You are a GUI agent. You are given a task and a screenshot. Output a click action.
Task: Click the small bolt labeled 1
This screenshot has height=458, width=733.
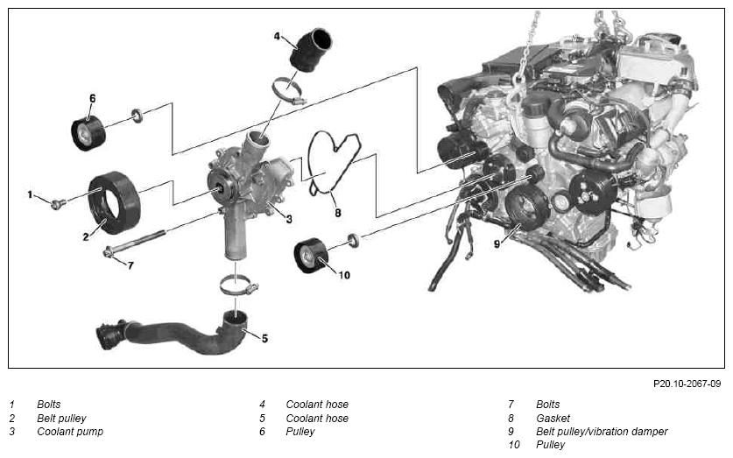point(58,204)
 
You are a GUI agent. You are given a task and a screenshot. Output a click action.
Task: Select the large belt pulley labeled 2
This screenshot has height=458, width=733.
point(114,203)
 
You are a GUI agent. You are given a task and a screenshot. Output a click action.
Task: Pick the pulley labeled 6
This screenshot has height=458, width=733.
point(88,133)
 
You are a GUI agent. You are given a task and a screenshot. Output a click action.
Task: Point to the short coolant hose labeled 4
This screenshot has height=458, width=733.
point(312,51)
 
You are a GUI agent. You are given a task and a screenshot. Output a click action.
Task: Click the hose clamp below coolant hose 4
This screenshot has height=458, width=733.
point(288,91)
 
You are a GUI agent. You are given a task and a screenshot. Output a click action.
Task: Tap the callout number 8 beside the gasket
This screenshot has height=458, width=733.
point(337,213)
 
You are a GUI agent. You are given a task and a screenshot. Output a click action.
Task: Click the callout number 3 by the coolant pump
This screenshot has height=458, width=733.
point(289,219)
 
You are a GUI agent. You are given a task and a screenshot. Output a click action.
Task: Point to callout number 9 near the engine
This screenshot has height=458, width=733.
point(497,244)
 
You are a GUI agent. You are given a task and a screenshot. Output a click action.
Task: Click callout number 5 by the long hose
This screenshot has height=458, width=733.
point(264,338)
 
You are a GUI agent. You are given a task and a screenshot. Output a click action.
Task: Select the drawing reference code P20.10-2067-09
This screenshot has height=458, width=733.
point(687,384)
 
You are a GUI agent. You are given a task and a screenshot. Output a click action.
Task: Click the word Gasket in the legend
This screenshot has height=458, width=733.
point(553,418)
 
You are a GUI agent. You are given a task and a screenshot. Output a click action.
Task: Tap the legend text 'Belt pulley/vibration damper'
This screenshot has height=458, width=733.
point(602,432)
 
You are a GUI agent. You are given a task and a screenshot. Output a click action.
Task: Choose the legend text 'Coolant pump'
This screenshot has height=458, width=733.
point(70,432)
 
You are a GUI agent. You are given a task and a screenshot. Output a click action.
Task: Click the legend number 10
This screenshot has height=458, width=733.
point(513,445)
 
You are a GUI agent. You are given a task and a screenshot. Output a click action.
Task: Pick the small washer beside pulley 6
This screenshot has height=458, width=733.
point(137,116)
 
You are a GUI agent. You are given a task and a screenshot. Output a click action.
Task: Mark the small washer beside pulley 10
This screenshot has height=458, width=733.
point(354,240)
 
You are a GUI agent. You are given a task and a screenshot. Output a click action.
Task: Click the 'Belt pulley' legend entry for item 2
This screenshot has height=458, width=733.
point(61,419)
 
